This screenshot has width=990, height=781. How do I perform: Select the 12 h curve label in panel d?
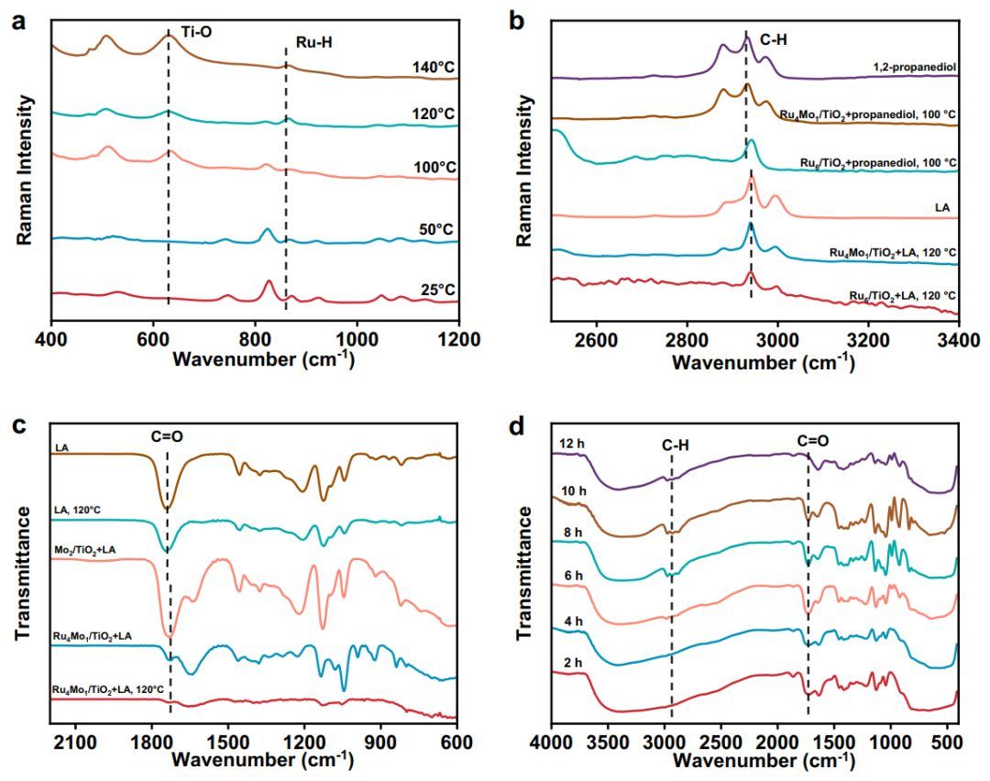pos(571,444)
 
